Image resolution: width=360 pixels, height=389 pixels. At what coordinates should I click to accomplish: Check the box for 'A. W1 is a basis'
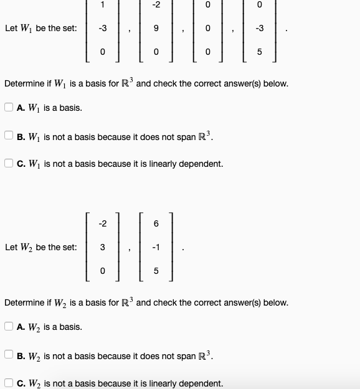[x=9, y=108]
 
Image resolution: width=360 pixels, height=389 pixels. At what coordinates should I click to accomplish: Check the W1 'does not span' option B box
[x=9, y=136]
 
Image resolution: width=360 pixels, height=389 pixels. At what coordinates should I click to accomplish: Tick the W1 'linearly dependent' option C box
[x=9, y=164]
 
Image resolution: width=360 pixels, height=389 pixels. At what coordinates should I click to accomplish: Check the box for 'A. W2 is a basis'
[x=9, y=327]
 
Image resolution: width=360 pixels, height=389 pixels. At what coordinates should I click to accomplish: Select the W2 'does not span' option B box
[x=9, y=355]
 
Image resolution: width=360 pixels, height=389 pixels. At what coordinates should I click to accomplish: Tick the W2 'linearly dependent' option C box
[x=9, y=383]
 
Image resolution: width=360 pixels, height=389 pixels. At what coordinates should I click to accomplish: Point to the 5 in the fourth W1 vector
[x=260, y=52]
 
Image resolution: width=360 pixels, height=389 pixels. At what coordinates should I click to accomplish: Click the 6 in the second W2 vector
[x=156, y=223]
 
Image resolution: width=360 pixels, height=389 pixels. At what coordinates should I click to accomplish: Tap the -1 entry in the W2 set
[x=156, y=247]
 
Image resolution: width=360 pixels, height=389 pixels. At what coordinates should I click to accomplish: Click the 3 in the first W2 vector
[x=103, y=247]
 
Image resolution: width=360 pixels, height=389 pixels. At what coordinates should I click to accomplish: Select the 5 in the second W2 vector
[x=156, y=271]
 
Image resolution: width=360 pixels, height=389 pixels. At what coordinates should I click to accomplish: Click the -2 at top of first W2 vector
[x=103, y=223]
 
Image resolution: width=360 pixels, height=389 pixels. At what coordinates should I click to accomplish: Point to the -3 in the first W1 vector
[x=103, y=28]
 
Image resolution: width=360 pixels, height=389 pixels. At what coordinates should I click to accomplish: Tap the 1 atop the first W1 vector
[x=103, y=4]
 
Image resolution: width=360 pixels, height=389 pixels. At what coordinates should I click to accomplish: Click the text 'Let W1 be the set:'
[x=40, y=28]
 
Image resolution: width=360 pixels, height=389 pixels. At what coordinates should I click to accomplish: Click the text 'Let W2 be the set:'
[x=40, y=247]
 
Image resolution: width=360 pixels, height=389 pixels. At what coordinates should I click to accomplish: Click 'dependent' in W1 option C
[x=201, y=164]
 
